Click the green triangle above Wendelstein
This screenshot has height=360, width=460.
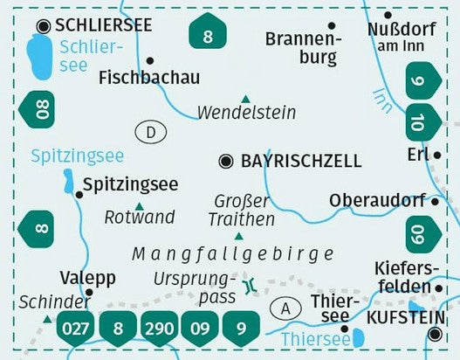pyautogui.click(x=246, y=98)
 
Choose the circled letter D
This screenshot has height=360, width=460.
pyautogui.click(x=150, y=133)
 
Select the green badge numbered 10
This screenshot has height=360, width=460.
pyautogui.click(x=422, y=120)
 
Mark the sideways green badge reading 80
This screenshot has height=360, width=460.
pyautogui.click(x=35, y=111)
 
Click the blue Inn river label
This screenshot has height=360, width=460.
pyautogui.click(x=382, y=98)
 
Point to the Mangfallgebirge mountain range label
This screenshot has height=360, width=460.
pyautogui.click(x=233, y=254)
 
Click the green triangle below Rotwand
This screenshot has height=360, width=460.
pyautogui.click(x=139, y=204)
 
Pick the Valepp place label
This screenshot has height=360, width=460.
pyautogui.click(x=88, y=277)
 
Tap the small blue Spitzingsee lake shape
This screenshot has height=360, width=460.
pyautogui.click(x=67, y=182)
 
